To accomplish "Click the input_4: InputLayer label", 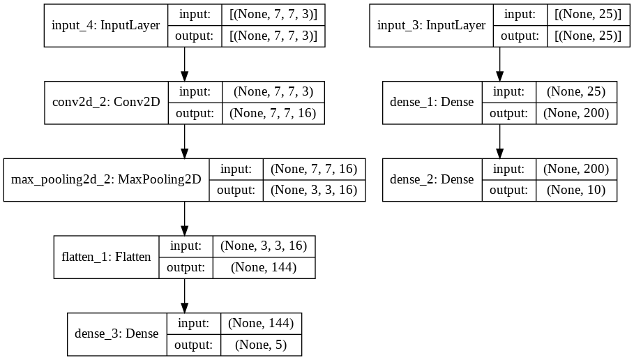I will tap(105, 26).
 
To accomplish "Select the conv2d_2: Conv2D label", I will tap(106, 103).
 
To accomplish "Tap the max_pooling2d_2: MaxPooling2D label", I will tap(106, 180).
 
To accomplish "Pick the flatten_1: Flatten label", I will tap(107, 257).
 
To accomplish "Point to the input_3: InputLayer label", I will tap(431, 26).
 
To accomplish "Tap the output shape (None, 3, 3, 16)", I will tap(313, 190).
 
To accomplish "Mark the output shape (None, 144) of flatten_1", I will tap(263, 267).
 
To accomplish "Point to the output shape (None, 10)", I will tap(575, 190).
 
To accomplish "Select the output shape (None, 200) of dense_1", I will tap(575, 113).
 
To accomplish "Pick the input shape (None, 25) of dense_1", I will tap(575, 91).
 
